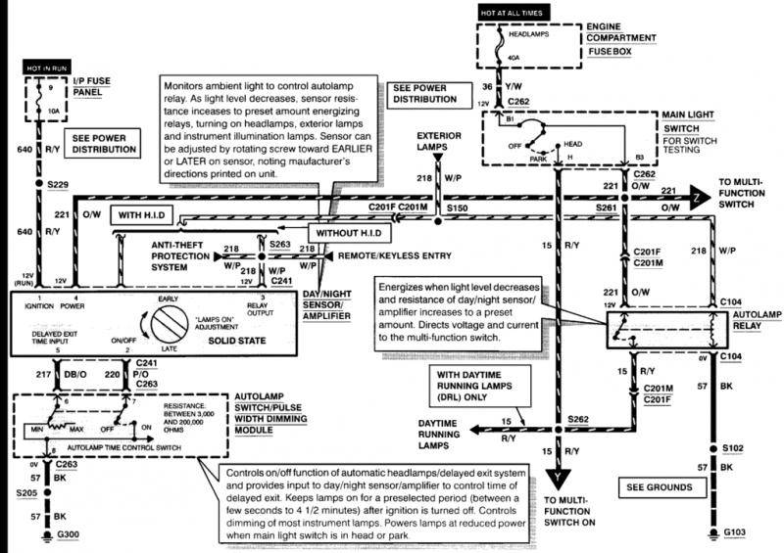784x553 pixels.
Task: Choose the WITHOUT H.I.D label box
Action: (350, 234)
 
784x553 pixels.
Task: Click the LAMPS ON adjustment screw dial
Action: (169, 322)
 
